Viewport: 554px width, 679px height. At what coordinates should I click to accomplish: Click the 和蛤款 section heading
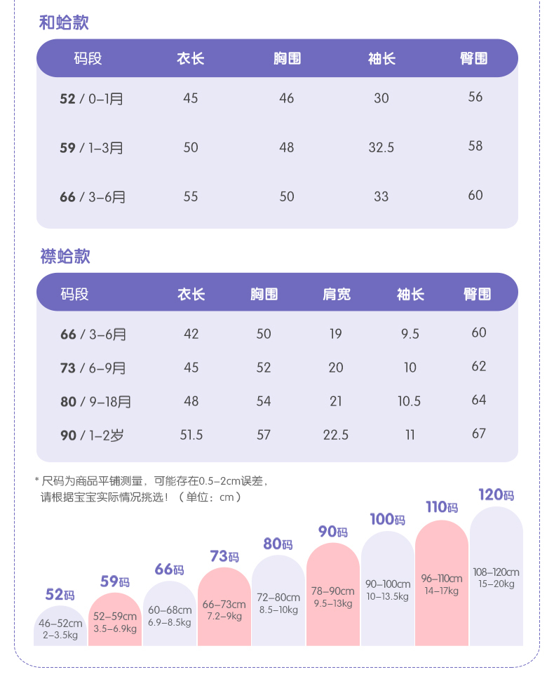[x=64, y=22]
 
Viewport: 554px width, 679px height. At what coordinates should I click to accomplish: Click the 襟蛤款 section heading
[x=65, y=256]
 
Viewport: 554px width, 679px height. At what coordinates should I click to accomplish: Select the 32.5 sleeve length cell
[x=381, y=147]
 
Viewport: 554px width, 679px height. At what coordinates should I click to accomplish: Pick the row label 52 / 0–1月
[x=91, y=99]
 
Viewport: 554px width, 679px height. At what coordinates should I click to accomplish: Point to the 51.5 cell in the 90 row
[x=191, y=435]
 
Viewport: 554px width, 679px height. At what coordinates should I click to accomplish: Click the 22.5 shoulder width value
[x=336, y=435]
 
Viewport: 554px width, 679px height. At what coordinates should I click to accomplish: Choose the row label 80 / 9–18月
[x=95, y=401]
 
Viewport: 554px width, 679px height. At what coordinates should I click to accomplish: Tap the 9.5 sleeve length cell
[x=410, y=334]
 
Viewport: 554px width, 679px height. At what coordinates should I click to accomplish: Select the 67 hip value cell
[x=479, y=433]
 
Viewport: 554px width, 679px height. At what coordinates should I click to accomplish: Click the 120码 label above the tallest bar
[x=496, y=495]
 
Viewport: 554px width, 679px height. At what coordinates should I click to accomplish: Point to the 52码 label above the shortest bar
[x=60, y=595]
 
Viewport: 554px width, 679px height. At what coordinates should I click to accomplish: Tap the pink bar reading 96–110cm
[x=442, y=584]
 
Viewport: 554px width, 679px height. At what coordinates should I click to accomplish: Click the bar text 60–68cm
[x=169, y=610]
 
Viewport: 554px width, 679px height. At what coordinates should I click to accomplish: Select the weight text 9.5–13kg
[x=332, y=603]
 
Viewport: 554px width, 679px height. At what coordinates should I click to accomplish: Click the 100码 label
[x=387, y=520]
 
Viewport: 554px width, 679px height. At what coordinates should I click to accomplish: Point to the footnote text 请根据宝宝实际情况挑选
[x=105, y=497]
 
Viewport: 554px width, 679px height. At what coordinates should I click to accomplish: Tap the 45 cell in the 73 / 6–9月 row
[x=191, y=368]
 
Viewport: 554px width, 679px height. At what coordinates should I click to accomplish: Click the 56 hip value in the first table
[x=475, y=98]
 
